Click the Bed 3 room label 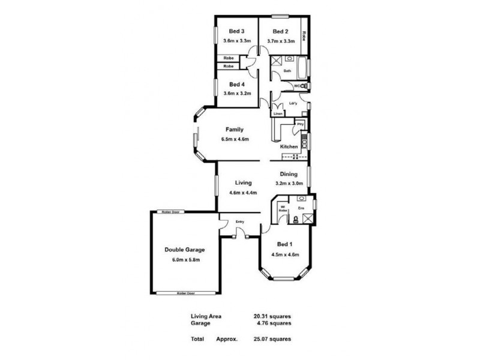(236, 31)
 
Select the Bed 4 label (236, 84)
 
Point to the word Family (234, 129)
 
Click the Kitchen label (289, 147)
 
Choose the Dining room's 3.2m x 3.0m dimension (289, 183)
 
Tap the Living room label (243, 182)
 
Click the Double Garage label (185, 250)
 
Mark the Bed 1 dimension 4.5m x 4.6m (285, 254)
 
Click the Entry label (240, 222)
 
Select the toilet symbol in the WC (303, 87)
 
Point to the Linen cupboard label (277, 113)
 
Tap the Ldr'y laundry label (293, 103)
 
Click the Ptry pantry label (300, 124)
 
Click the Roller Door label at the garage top (173, 212)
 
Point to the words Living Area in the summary (205, 316)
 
